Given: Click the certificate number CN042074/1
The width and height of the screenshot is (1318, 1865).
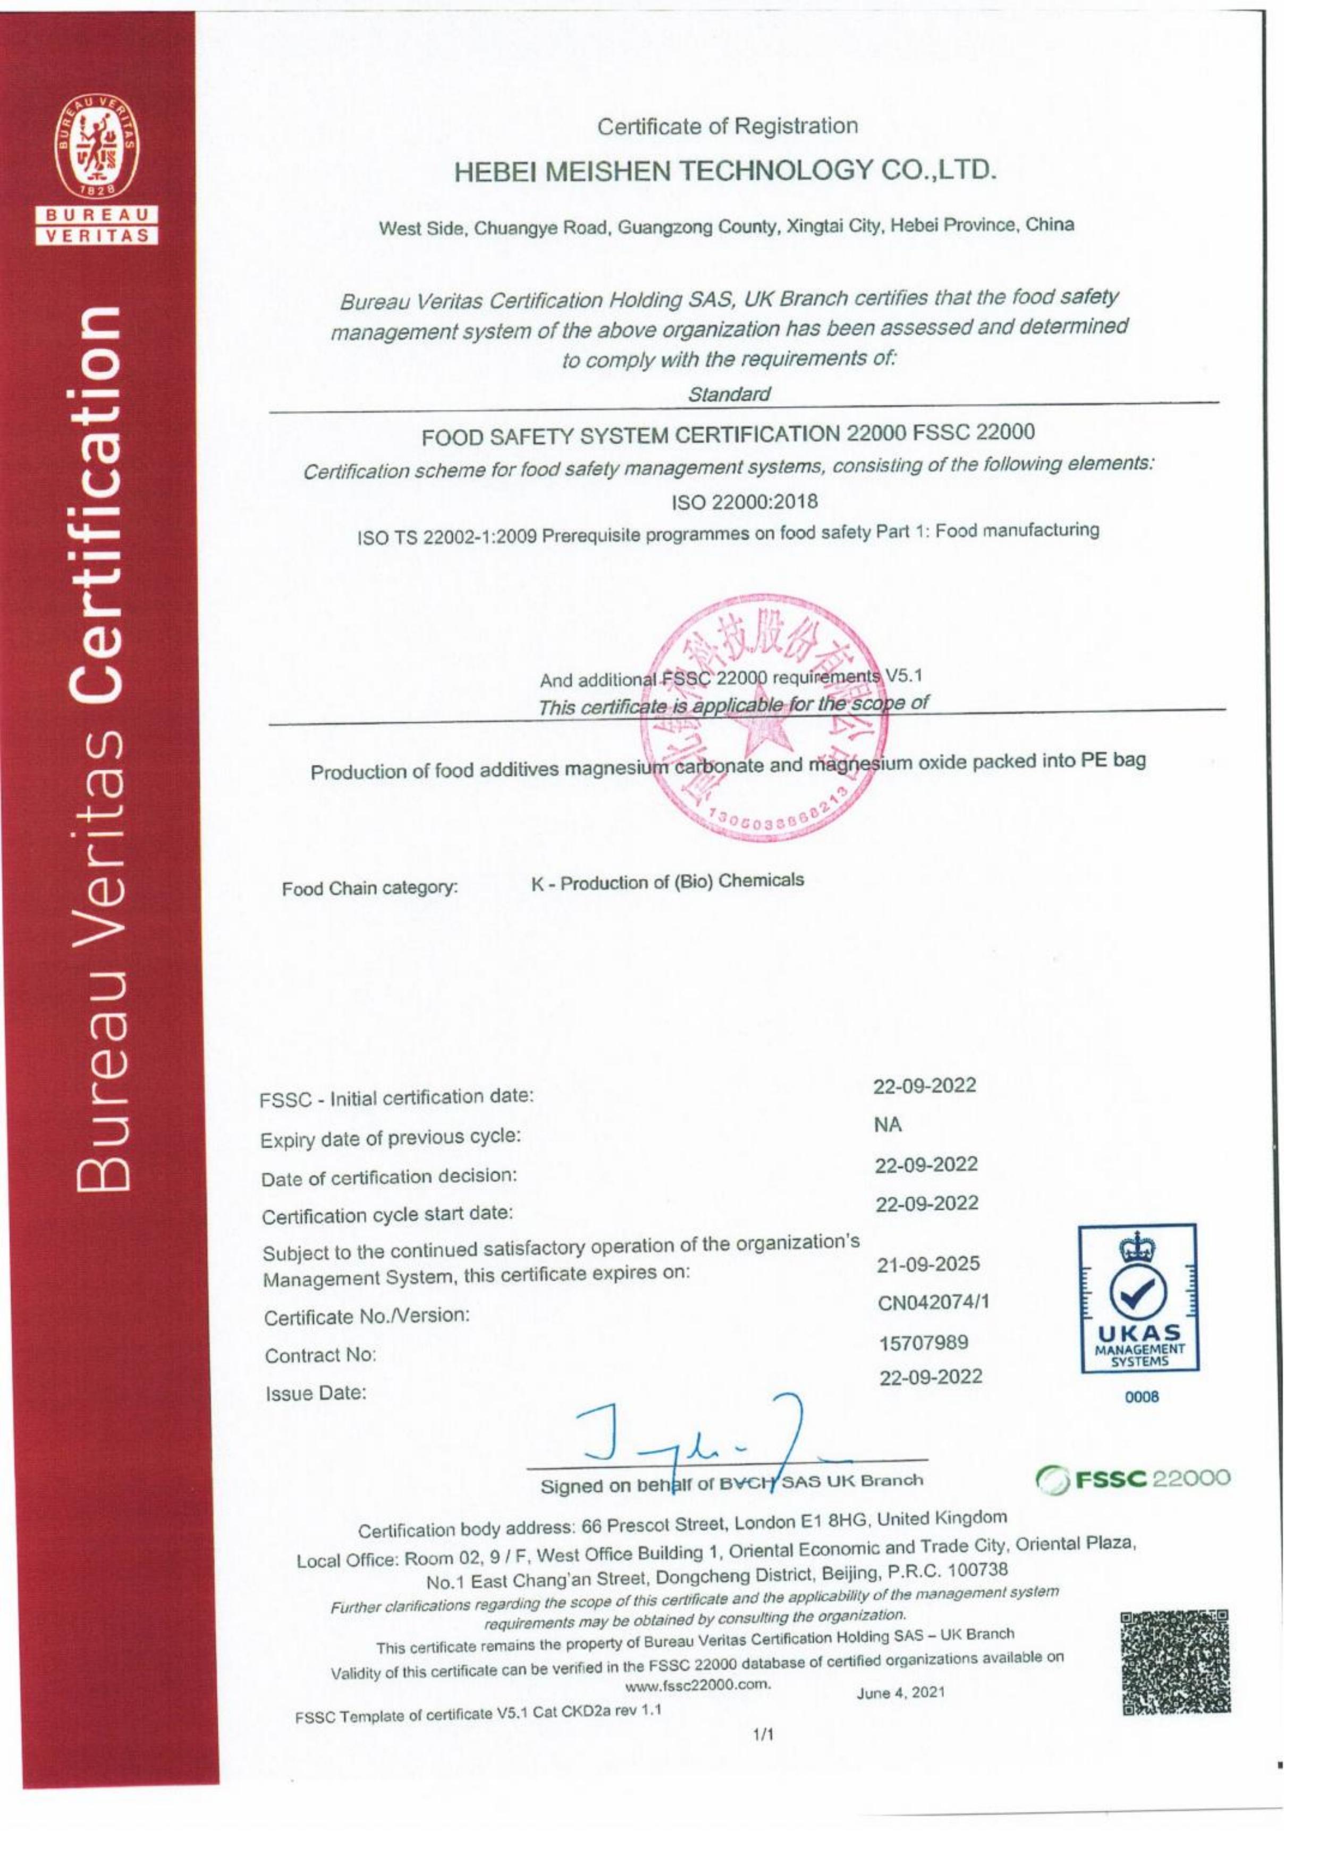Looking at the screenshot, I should [933, 1303].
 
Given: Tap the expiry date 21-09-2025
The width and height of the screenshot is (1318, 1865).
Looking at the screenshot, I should [928, 1264].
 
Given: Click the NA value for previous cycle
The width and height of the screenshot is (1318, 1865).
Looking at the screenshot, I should [889, 1125].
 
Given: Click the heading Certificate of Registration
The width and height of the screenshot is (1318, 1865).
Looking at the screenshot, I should [727, 127].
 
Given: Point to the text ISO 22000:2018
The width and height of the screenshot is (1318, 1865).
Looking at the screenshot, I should [744, 501].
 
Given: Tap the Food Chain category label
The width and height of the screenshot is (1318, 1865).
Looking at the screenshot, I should [369, 888].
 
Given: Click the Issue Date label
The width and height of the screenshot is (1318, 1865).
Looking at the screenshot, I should [316, 1393].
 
